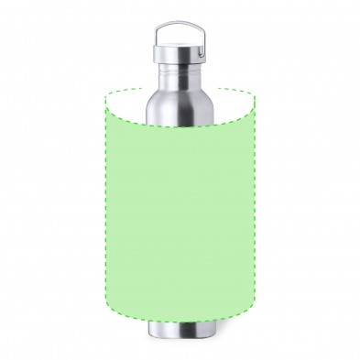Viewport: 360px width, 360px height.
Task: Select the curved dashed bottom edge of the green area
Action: click(x=180, y=321)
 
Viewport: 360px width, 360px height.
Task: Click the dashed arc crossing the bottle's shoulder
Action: click(x=180, y=125)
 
